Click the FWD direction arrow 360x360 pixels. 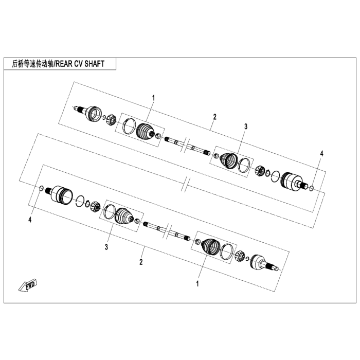coord(28,285)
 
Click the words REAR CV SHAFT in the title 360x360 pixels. coord(80,64)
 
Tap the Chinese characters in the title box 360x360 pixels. coord(32,64)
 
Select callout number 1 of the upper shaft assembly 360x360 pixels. coord(153,98)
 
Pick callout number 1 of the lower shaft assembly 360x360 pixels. coord(197,284)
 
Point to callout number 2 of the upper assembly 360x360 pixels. coord(214,117)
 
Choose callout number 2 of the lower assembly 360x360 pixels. coord(141,262)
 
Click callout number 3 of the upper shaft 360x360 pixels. coord(246,127)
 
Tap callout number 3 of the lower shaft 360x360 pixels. coord(106,247)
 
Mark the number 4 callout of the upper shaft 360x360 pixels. coord(321,154)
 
